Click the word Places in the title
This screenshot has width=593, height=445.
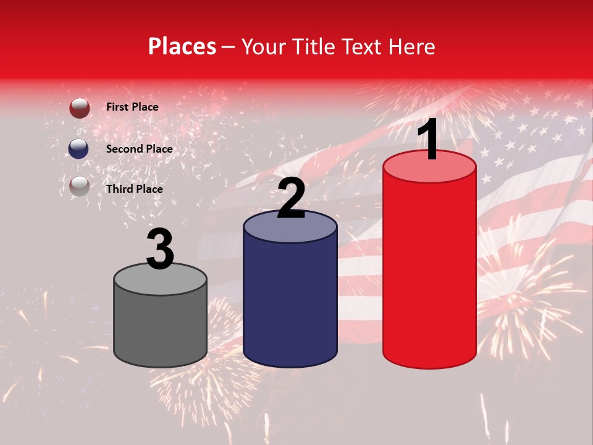click(x=182, y=46)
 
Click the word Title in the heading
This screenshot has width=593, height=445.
click(x=314, y=46)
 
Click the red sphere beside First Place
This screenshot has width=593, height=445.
click(x=79, y=108)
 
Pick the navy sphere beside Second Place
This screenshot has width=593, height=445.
click(x=79, y=149)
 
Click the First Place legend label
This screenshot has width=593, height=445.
click(x=132, y=107)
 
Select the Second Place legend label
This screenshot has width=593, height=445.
click(x=139, y=149)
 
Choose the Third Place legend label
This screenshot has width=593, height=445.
click(x=134, y=189)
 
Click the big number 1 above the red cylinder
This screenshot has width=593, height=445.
click(x=429, y=140)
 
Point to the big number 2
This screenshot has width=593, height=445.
click(x=291, y=198)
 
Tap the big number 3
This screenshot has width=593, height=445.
click(x=160, y=248)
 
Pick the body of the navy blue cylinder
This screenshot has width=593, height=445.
click(x=290, y=303)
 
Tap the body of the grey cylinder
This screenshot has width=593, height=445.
click(x=160, y=328)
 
